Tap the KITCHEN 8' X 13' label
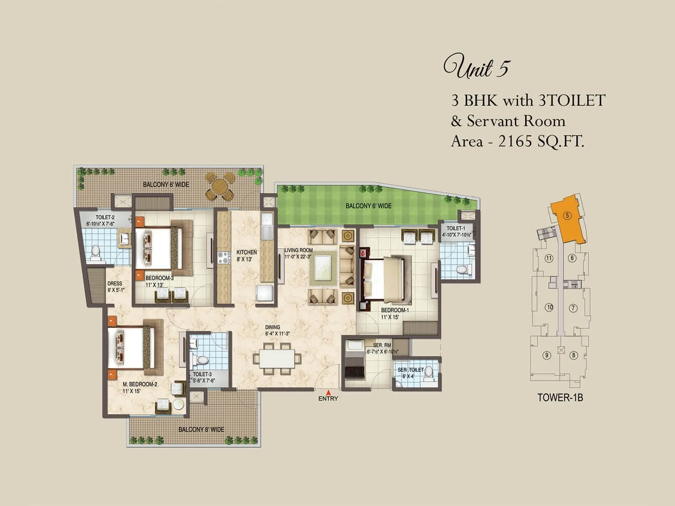[x=246, y=256]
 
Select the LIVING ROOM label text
[x=299, y=250]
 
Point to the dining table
[x=277, y=358]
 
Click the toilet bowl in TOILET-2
[x=96, y=251]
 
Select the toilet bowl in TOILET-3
[x=202, y=361]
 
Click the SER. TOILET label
[x=410, y=370]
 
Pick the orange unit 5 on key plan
[x=568, y=219]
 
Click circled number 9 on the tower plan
[x=547, y=355]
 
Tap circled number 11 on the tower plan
[x=549, y=258]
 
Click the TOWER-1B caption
[x=560, y=397]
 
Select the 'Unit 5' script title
[x=476, y=67]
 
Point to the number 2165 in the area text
[x=515, y=141]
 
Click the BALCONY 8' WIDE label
[x=201, y=429]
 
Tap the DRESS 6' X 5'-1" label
[x=115, y=287]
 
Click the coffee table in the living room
[x=323, y=268]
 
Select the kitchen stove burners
[x=224, y=257]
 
